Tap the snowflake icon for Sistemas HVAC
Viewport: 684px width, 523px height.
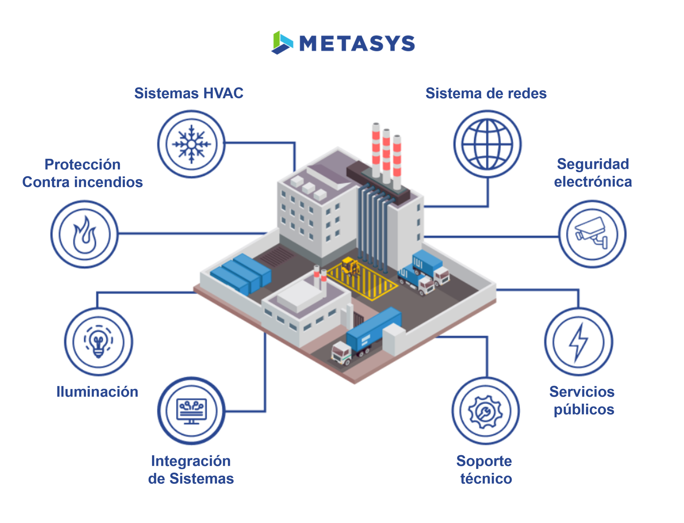click(x=191, y=144)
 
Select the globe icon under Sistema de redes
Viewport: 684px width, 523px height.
click(x=487, y=144)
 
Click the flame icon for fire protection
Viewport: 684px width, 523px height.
click(x=84, y=234)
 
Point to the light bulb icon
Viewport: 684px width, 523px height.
click(x=98, y=342)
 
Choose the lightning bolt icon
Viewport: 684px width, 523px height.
click(x=578, y=342)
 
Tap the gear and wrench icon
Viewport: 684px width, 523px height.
click(x=485, y=411)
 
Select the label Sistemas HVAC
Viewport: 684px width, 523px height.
click(x=189, y=93)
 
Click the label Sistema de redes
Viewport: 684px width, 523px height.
click(x=486, y=93)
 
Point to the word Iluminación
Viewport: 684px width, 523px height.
click(x=97, y=392)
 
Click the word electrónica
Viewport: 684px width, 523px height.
click(x=593, y=182)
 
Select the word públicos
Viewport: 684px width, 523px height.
click(x=584, y=409)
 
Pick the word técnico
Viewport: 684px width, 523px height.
click(x=486, y=478)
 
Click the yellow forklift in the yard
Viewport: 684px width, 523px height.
click(x=350, y=266)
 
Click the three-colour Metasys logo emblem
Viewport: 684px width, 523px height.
click(x=282, y=43)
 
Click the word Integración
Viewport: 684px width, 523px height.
click(x=191, y=461)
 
